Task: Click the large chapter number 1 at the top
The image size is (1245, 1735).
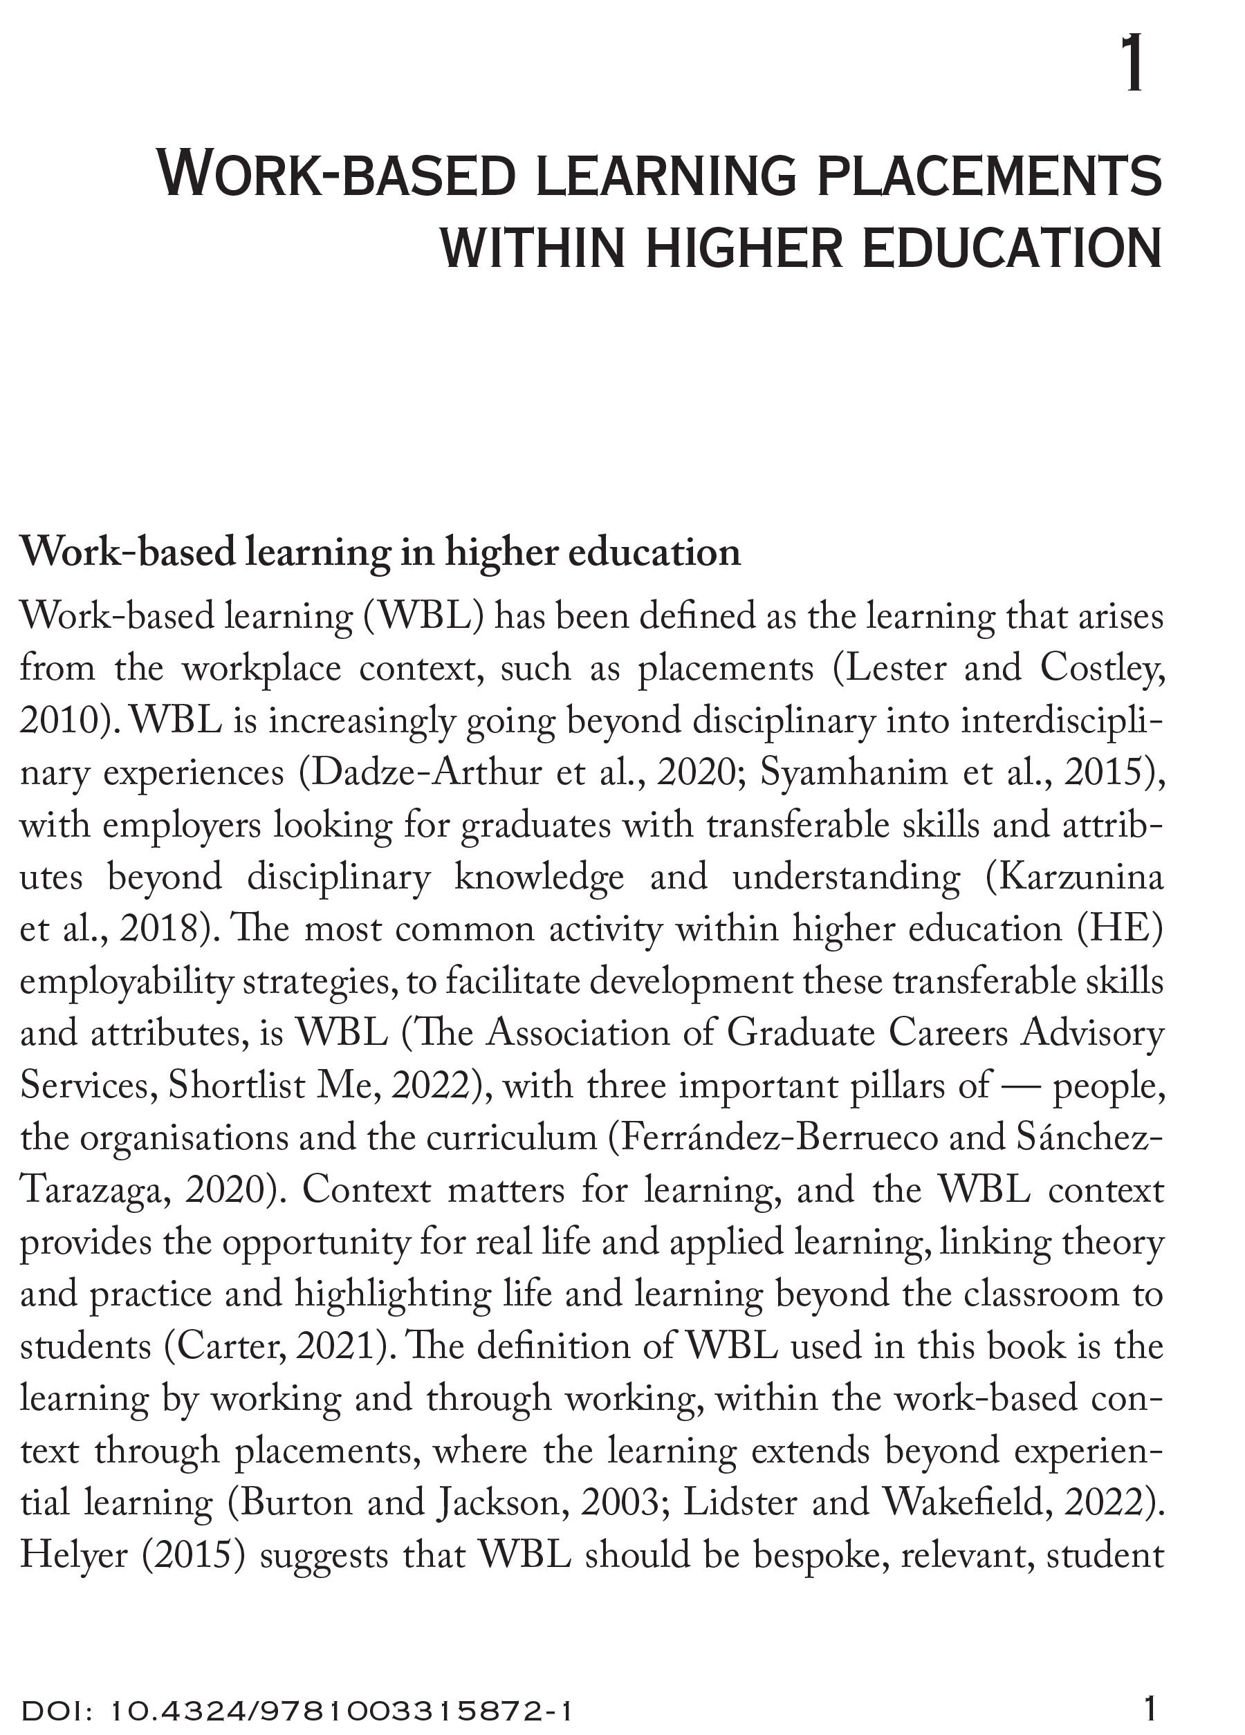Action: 1132,66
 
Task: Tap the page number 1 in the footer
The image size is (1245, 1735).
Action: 1149,1709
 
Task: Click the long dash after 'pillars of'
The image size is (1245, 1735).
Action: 1021,1086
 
